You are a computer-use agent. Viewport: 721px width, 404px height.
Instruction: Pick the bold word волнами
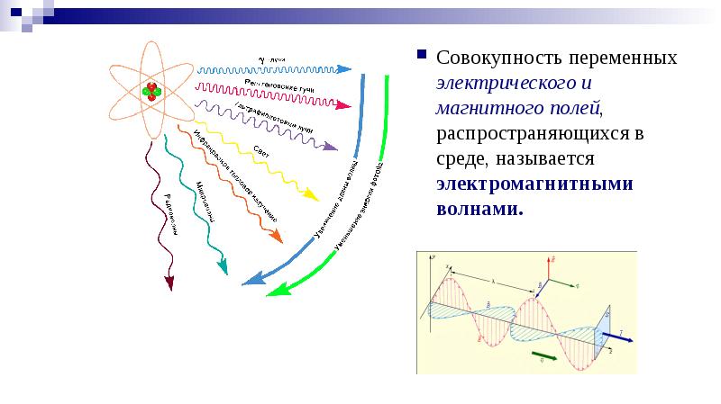click(479, 209)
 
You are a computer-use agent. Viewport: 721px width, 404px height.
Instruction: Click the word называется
click(550, 158)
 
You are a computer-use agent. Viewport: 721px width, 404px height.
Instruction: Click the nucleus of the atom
click(151, 90)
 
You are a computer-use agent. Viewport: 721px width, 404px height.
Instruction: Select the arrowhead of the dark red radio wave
click(169, 283)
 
